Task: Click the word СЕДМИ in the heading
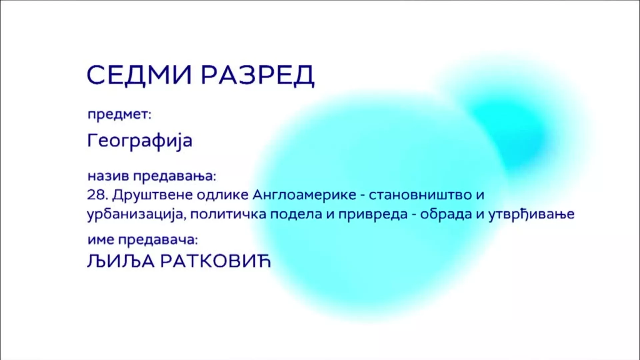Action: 139,75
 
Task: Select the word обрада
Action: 446,214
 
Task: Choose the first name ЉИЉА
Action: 121,262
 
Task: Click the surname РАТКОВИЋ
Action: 216,262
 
